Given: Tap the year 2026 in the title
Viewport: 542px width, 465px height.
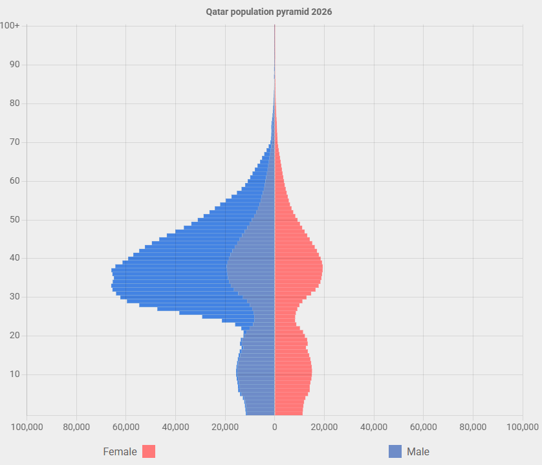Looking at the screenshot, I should [x=321, y=12].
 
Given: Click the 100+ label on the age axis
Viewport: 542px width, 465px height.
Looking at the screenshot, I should [x=10, y=26].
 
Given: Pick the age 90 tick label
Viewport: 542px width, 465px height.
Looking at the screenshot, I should [x=14, y=65].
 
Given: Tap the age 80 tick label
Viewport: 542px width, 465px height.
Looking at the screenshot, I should [x=14, y=103].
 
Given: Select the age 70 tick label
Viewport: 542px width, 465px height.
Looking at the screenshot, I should [x=14, y=142].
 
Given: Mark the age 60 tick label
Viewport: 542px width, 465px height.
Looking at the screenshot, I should [x=14, y=181].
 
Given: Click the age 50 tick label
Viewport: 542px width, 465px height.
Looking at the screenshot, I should [x=14, y=220].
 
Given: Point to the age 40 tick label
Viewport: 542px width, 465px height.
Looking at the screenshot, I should [x=14, y=258].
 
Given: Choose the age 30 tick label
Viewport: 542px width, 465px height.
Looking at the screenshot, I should [x=14, y=297].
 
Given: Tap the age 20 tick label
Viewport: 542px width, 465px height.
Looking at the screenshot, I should [x=14, y=336].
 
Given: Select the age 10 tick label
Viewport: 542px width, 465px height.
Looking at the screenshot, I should [x=14, y=374].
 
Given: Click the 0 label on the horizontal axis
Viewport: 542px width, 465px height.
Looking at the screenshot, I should [x=275, y=427].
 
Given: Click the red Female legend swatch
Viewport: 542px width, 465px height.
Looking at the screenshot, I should [x=149, y=451].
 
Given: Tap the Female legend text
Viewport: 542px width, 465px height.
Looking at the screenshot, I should [x=120, y=451].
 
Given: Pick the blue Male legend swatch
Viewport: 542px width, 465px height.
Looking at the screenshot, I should [x=395, y=451].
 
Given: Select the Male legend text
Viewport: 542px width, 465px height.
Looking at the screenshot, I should [x=418, y=451].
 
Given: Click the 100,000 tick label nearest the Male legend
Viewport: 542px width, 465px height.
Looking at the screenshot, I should [x=522, y=427].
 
